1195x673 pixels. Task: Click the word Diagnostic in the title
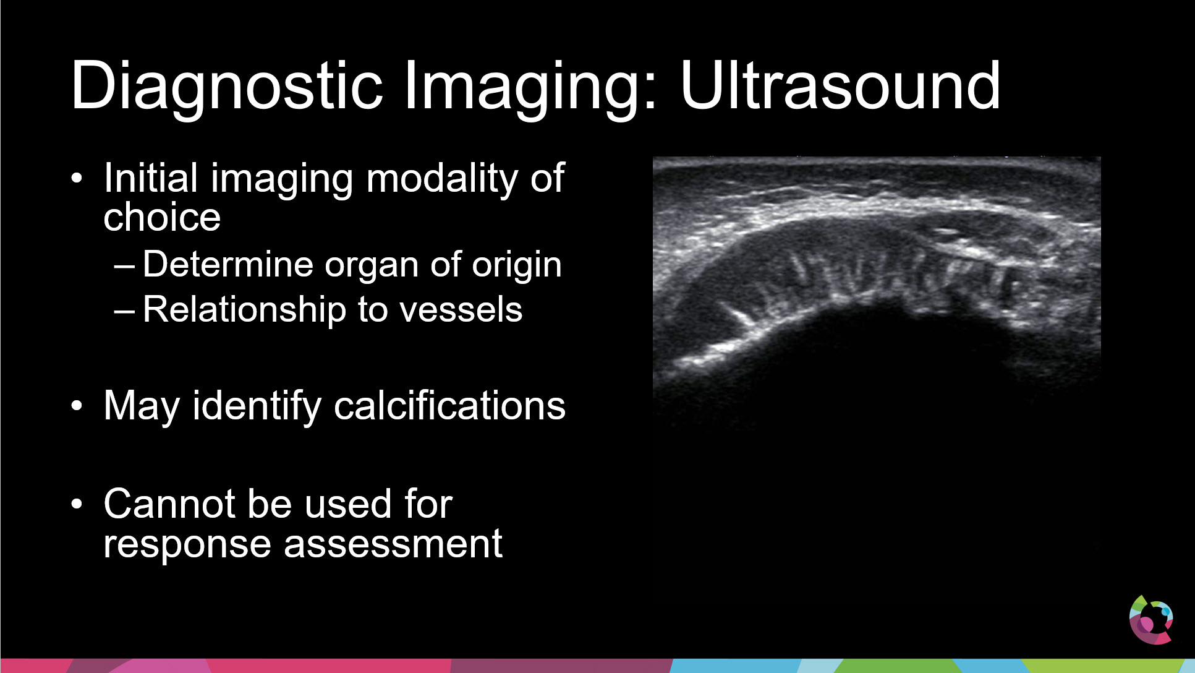point(227,87)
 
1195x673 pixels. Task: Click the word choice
point(162,216)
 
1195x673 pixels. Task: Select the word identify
point(257,407)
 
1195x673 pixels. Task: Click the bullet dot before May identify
point(77,406)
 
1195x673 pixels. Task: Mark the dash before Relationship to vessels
point(124,311)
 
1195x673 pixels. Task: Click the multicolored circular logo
point(1150,620)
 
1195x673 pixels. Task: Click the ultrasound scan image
point(877,291)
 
